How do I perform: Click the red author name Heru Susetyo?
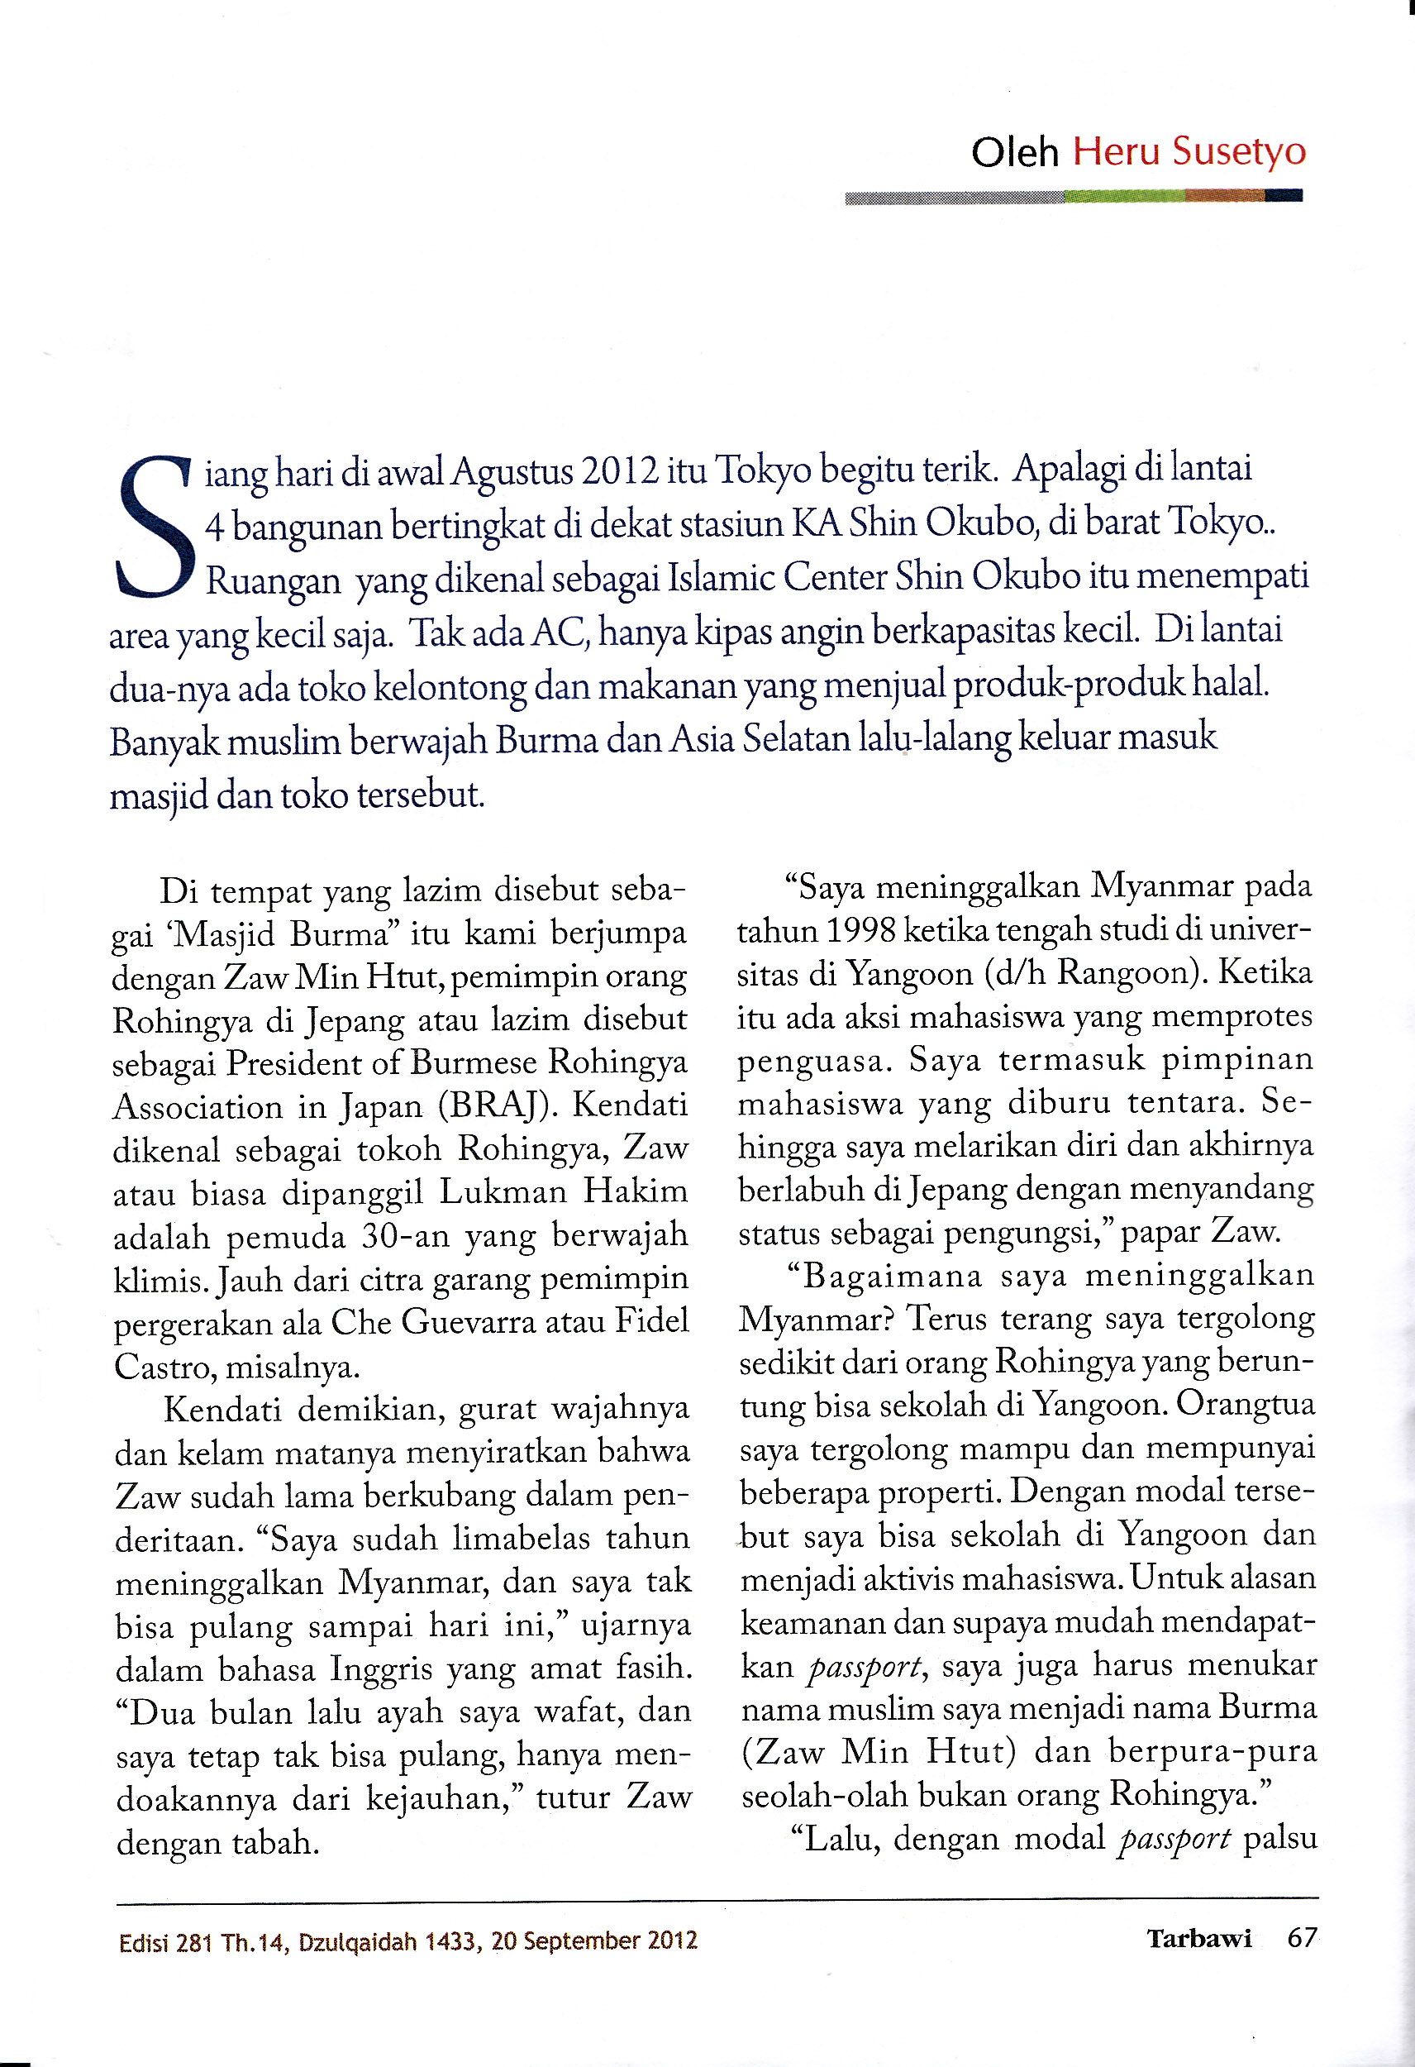click(1189, 151)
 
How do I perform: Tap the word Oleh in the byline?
click(1015, 153)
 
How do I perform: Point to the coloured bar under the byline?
click(1074, 197)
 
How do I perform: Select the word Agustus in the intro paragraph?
click(512, 472)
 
